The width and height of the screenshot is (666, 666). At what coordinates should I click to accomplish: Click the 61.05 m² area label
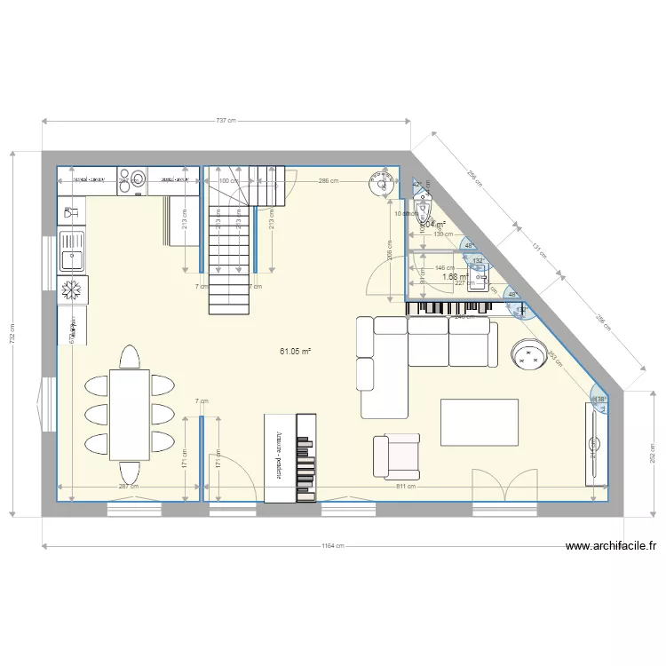(296, 351)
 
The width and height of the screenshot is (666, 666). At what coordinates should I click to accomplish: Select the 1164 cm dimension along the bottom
(333, 547)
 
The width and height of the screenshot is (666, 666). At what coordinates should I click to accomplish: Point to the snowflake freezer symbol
(71, 289)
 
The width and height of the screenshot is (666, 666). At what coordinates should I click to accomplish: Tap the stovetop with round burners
(131, 179)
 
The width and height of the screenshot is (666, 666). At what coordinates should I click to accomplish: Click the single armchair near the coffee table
(395, 456)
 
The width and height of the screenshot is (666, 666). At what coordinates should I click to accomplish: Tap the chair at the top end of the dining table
(129, 357)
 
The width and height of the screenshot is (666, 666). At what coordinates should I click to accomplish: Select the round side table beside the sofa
(531, 356)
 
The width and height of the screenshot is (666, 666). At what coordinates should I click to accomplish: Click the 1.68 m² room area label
(455, 277)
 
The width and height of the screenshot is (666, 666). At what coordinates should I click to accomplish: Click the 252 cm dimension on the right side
(653, 454)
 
